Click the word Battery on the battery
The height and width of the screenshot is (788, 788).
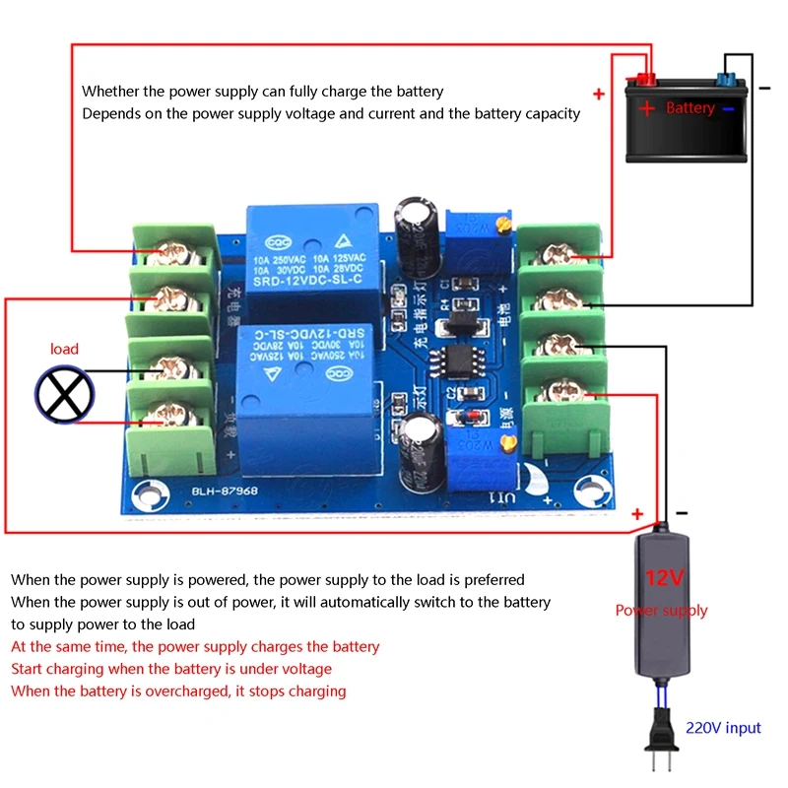689,107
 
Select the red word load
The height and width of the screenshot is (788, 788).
64,349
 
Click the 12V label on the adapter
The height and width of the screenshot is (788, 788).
664,577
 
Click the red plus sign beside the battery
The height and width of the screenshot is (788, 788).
598,95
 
